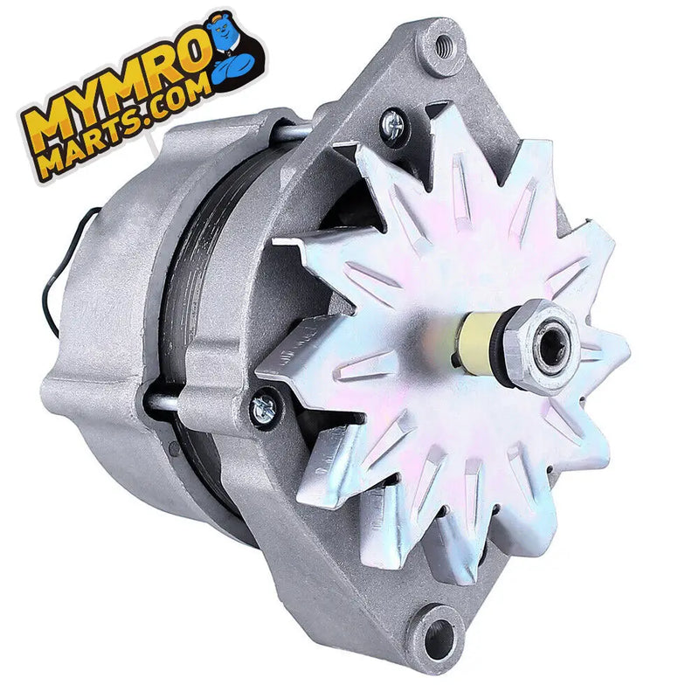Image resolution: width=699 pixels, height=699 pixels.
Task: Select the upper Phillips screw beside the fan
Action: click(394, 127)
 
